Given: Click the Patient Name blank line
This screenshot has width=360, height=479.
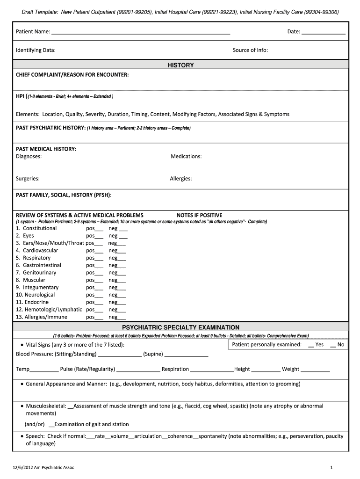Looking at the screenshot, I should click(140, 33).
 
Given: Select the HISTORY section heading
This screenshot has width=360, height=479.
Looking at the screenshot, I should click(180, 65).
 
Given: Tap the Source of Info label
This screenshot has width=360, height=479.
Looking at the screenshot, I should click(250, 50).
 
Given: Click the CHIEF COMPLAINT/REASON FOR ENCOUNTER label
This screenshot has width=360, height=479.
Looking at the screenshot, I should click(72, 75).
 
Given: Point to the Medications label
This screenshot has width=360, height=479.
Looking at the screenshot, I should click(186, 156).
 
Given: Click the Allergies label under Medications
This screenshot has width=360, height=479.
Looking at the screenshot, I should click(181, 178).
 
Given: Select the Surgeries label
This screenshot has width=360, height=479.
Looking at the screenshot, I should click(28, 178).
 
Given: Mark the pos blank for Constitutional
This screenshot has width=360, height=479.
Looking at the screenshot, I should click(99, 229).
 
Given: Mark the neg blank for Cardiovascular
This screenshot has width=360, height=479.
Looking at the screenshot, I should click(122, 251).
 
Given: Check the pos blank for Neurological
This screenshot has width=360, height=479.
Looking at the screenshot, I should click(99, 296).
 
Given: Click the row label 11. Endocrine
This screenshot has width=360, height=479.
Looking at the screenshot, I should click(32, 302).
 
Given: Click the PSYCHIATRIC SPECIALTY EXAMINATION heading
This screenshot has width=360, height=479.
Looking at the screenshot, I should click(180, 327).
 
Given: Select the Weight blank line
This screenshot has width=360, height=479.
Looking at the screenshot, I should click(315, 370).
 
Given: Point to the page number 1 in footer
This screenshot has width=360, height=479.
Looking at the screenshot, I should click(331, 467).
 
